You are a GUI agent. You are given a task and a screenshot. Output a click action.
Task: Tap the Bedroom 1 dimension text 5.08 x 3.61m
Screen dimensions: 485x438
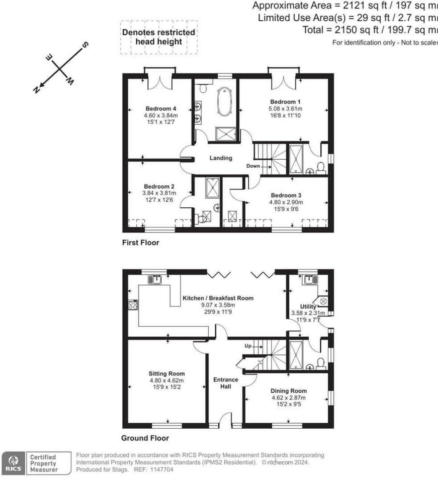283,108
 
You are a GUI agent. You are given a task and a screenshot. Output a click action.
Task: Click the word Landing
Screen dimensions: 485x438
221,158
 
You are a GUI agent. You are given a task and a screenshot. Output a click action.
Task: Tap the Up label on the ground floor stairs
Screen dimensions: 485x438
248,345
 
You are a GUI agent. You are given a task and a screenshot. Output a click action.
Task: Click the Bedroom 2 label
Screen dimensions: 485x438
159,186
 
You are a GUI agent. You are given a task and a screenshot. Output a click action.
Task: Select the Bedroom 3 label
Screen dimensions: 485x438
286,195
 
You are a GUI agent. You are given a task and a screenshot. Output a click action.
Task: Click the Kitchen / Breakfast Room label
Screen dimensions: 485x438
218,298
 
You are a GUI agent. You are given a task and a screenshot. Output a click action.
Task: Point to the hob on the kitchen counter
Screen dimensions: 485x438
132,305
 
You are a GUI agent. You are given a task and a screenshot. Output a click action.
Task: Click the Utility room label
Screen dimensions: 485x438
308,307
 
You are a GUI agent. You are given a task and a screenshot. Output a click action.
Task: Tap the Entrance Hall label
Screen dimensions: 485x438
226,383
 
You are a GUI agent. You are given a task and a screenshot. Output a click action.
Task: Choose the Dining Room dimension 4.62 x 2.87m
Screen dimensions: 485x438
289,398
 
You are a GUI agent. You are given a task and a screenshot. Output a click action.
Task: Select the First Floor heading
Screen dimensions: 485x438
140,243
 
